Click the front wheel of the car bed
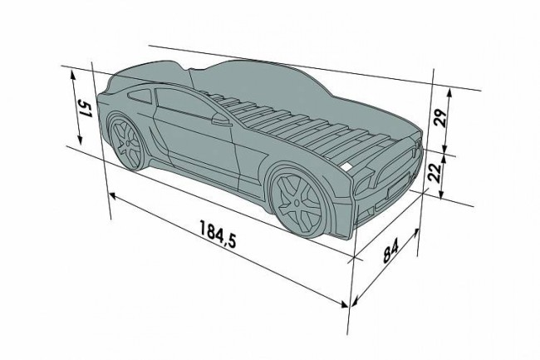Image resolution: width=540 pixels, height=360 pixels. [296, 200]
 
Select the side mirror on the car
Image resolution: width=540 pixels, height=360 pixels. [220, 120]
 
